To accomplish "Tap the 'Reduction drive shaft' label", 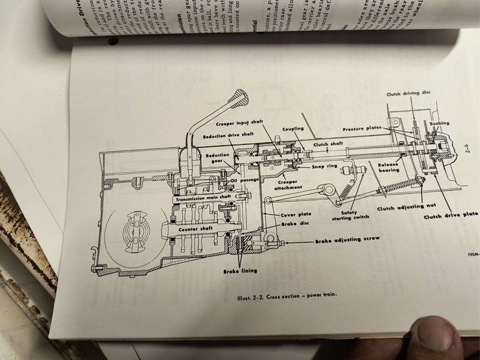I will click(x=228, y=137).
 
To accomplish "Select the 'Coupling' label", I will click(x=293, y=128).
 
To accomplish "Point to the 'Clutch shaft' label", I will click(x=328, y=144).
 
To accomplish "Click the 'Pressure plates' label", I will click(x=366, y=129).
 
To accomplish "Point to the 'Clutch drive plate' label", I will click(x=450, y=215).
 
